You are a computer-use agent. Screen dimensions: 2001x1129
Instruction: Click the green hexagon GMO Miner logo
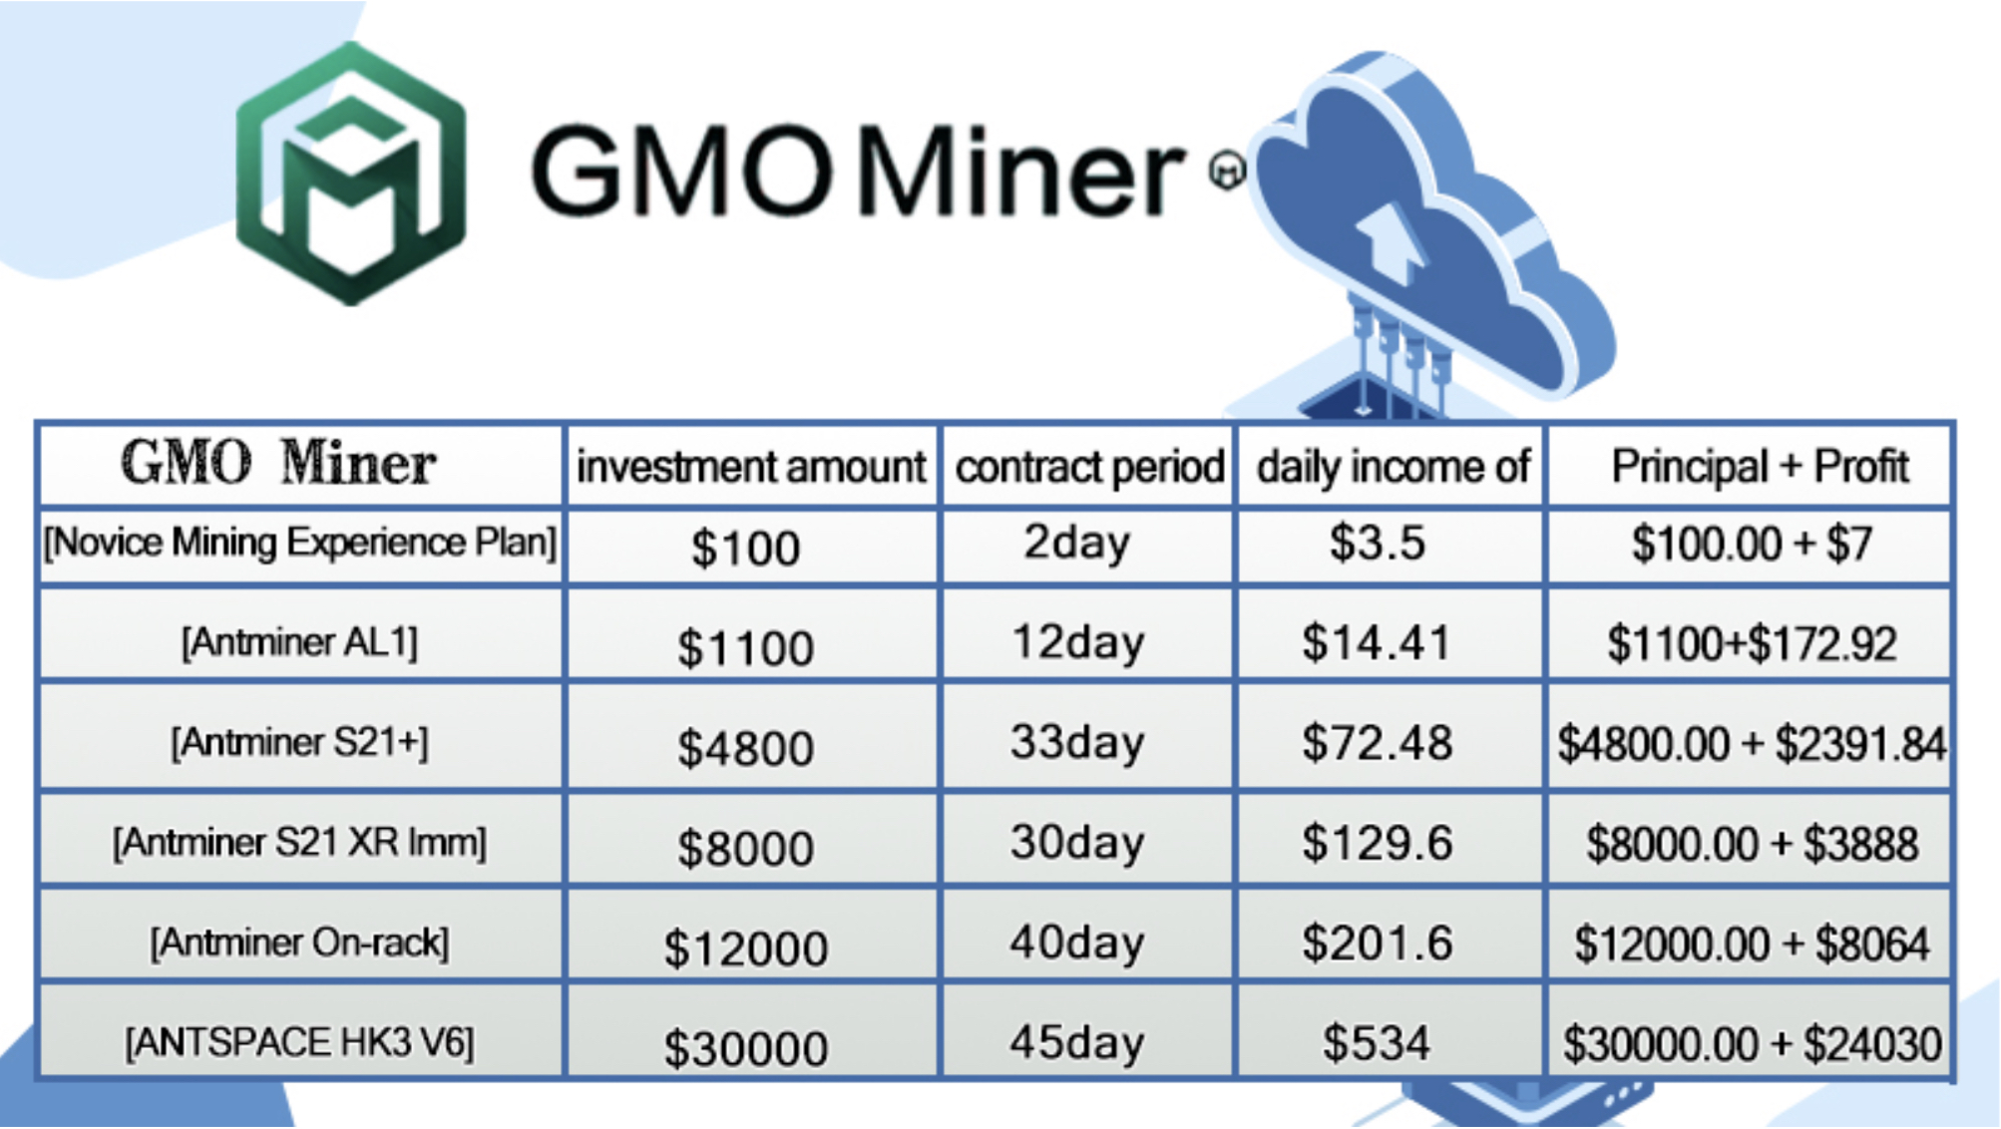pos(350,174)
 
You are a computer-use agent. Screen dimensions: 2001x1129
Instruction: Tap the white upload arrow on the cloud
pos(1390,240)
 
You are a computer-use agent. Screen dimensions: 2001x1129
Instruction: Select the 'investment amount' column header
pos(751,466)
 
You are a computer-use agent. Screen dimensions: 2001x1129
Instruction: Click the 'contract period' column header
pos(1089,466)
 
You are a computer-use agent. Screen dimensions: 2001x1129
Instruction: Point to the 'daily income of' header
pos(1393,466)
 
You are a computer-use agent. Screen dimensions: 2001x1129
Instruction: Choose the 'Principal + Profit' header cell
pos(1760,466)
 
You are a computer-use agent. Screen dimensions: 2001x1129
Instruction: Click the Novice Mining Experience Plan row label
pos(299,543)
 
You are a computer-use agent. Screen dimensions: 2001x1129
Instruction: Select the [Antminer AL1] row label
pos(299,642)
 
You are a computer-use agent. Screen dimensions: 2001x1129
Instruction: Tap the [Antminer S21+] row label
pos(299,743)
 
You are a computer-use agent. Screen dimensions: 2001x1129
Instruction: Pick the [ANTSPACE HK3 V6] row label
pos(299,1043)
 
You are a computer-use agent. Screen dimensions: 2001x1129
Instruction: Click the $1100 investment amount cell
pos(745,648)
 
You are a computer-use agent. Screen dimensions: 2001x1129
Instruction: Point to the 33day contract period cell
pos(1076,743)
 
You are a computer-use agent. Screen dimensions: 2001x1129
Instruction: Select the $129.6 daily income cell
pos(1377,844)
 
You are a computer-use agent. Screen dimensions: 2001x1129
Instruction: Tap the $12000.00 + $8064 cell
pos(1751,944)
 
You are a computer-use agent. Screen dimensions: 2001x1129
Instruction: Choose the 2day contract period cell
pos(1076,544)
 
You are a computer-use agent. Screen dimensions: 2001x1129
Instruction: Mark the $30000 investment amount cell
pos(745,1048)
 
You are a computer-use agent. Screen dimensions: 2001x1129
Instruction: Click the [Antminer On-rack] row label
pos(299,943)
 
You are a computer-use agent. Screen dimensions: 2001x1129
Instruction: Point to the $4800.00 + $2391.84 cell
pos(1751,744)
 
